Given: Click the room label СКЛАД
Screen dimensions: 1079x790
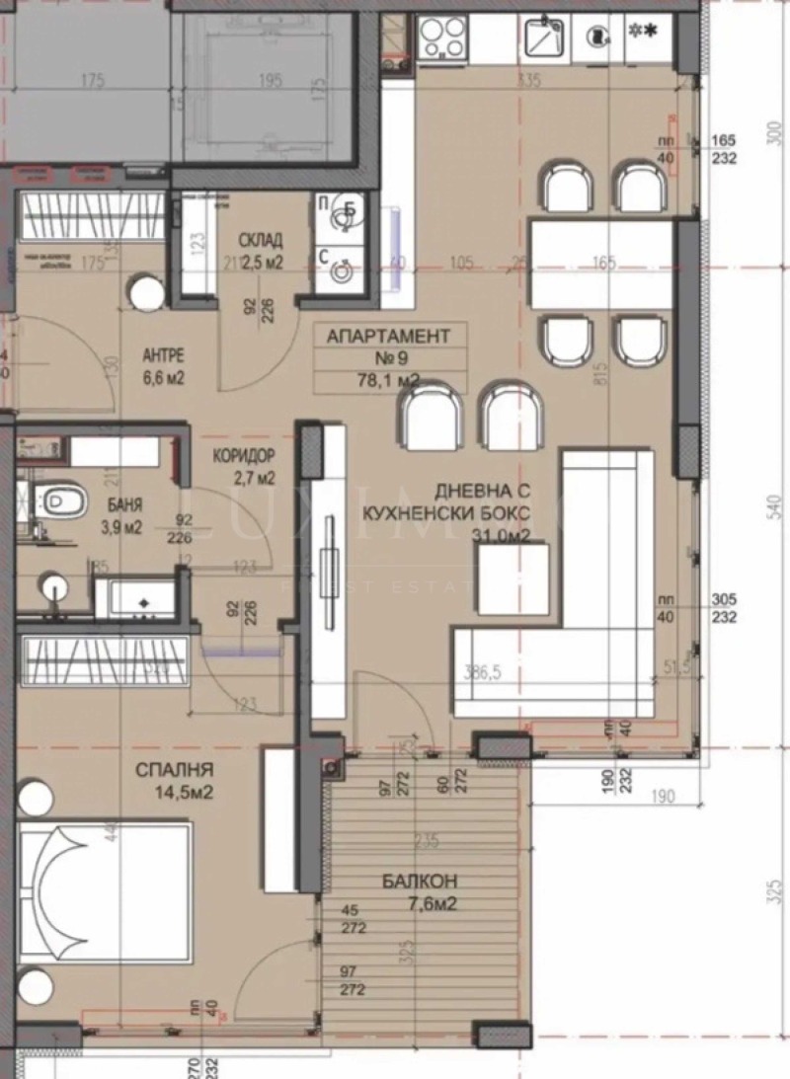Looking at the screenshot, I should (x=261, y=240).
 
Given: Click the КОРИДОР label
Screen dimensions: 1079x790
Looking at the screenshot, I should (x=243, y=456).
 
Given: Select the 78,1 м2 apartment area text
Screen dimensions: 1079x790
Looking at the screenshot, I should (x=387, y=379).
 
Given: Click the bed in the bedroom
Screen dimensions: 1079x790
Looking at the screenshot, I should (x=104, y=893).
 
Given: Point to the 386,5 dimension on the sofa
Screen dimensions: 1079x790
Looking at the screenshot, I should (x=484, y=673).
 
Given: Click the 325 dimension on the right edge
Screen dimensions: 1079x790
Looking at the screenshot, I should (x=773, y=893).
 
